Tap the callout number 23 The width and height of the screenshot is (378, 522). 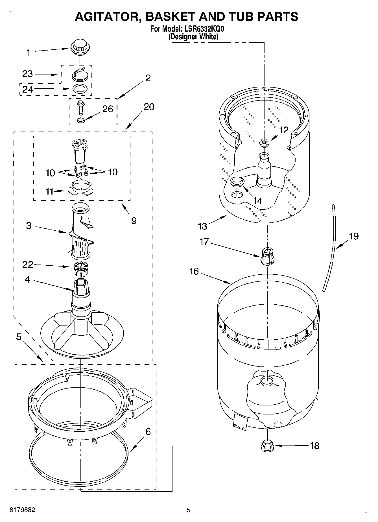point(28,74)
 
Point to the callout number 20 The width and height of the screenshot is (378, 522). point(149,107)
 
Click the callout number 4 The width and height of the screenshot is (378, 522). point(27,279)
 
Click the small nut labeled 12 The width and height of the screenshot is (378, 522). point(264,143)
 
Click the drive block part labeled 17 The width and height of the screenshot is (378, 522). point(267,256)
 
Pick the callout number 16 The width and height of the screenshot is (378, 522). point(194,271)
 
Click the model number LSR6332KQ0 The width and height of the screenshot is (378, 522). point(202,29)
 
